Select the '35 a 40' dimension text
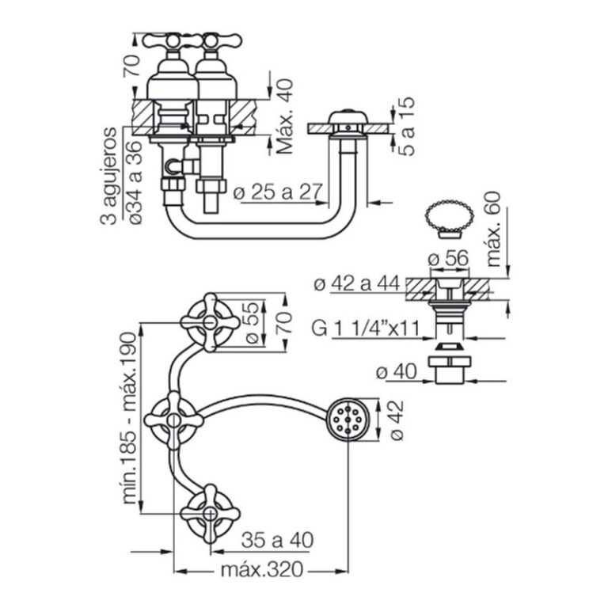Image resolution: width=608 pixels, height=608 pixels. click(x=275, y=540)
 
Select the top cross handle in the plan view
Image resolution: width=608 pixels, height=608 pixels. click(x=209, y=321)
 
